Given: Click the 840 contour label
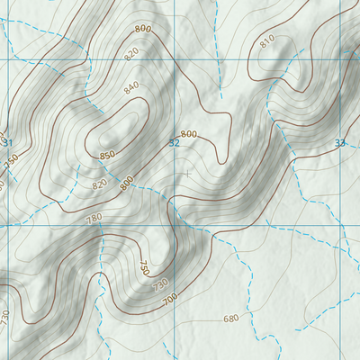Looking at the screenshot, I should click(x=132, y=87).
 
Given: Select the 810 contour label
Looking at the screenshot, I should click(x=266, y=42).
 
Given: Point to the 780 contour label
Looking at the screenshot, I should click(x=94, y=218).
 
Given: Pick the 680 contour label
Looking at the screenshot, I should click(x=230, y=319).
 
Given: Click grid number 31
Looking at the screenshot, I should click(x=8, y=143).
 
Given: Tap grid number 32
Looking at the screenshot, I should click(x=175, y=143).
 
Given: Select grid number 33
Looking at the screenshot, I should click(x=339, y=143).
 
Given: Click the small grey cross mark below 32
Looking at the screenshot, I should click(x=187, y=171).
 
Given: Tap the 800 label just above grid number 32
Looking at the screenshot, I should click(x=187, y=133).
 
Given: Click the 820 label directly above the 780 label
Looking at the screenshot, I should click(x=99, y=184).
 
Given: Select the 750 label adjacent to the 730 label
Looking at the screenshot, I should click(x=144, y=267).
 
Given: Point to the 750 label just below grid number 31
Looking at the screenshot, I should click(x=11, y=160).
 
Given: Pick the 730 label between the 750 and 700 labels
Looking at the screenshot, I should click(x=160, y=284).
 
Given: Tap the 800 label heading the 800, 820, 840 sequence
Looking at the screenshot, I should click(x=142, y=29).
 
